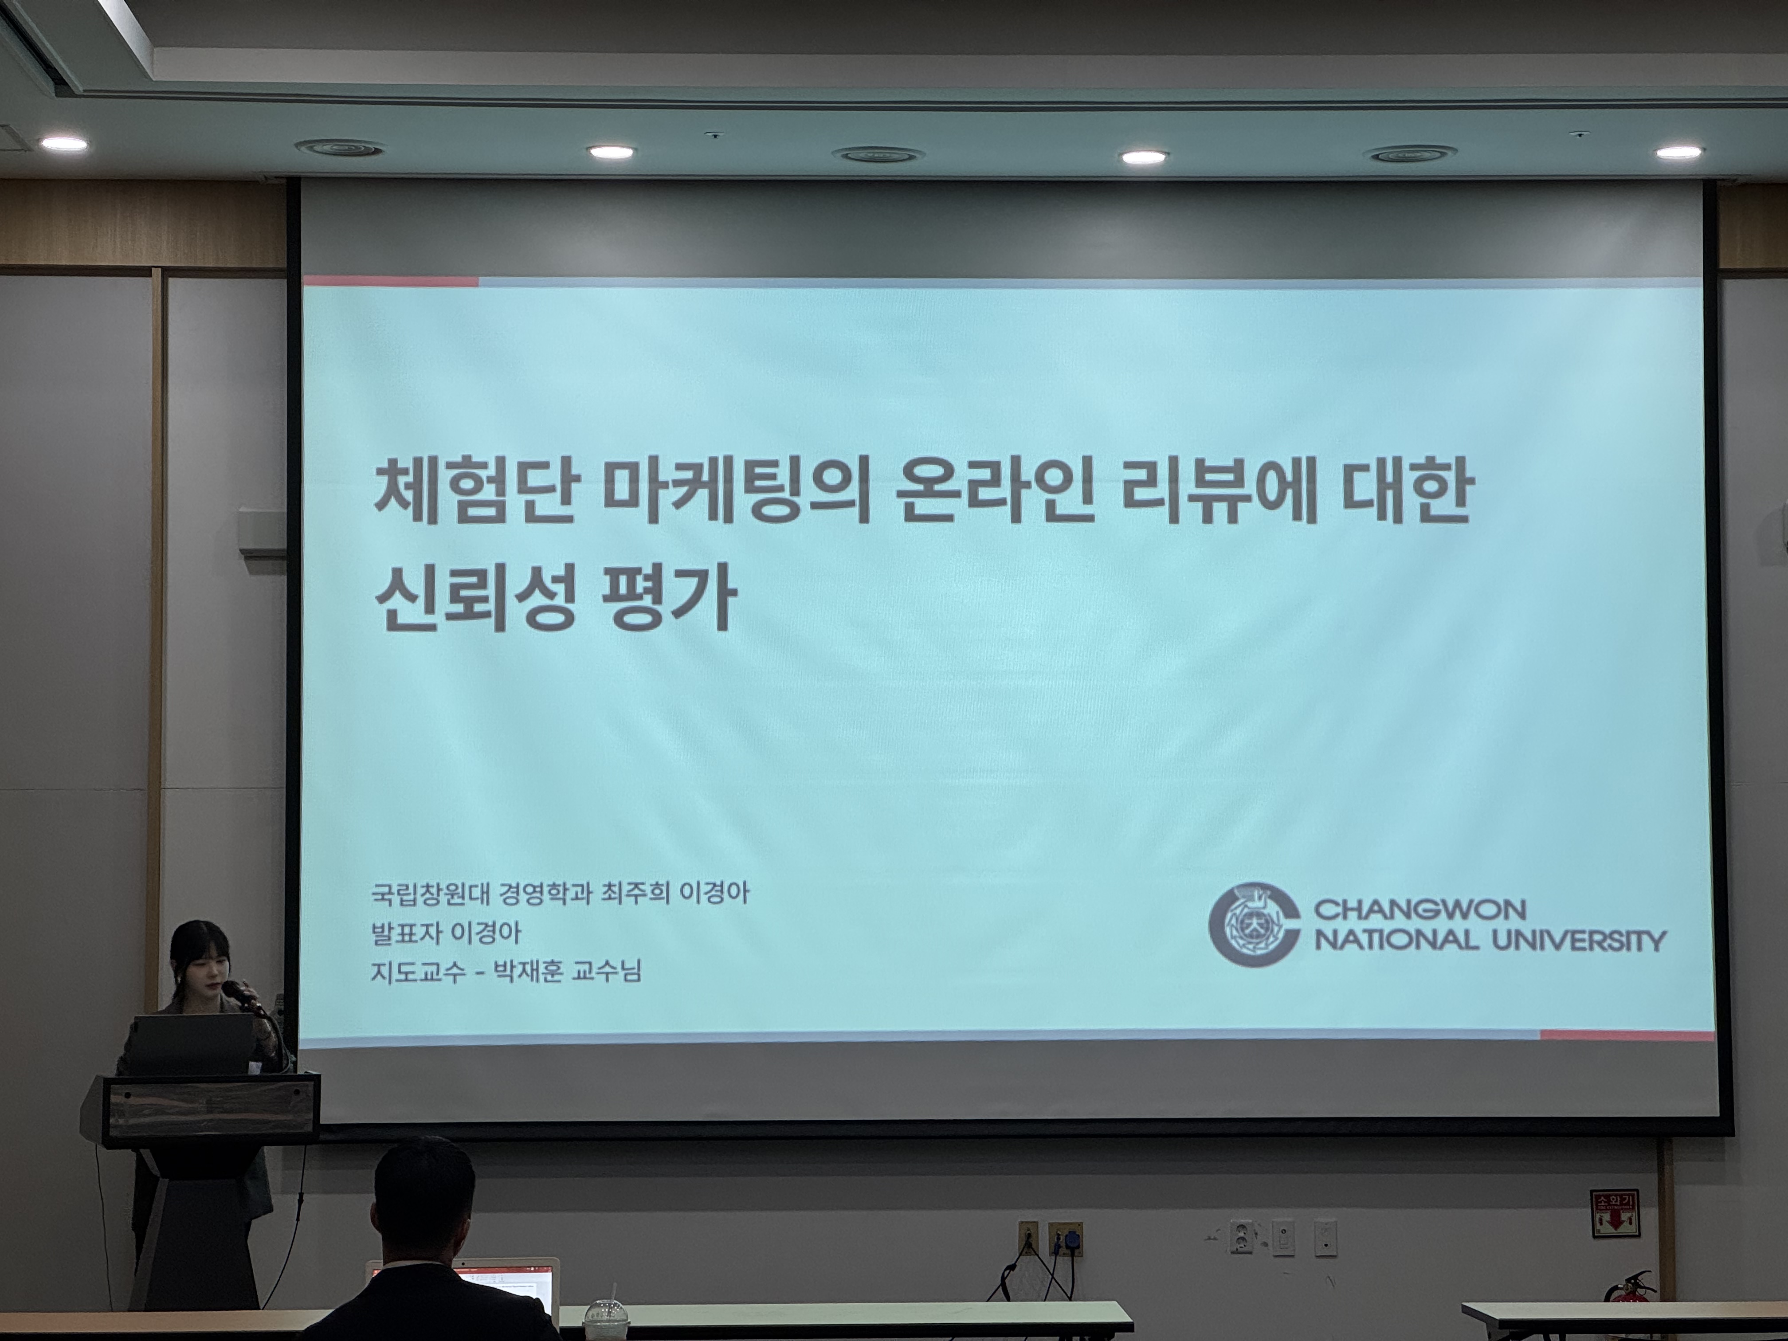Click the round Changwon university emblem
1254,924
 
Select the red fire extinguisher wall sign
1614,1213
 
